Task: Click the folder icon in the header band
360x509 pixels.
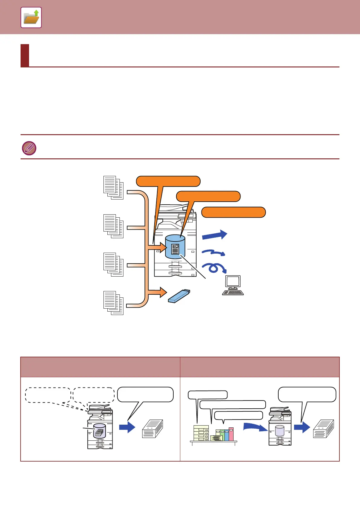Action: pyautogui.click(x=31, y=18)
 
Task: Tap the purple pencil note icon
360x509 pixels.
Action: pyautogui.click(x=29, y=148)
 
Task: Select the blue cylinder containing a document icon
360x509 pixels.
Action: pyautogui.click(x=175, y=247)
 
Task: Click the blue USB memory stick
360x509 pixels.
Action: pyautogui.click(x=179, y=296)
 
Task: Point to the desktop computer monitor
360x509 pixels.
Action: pyautogui.click(x=233, y=282)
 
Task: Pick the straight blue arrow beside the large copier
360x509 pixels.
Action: pyautogui.click(x=214, y=235)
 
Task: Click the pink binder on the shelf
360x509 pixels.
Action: pyautogui.click(x=231, y=434)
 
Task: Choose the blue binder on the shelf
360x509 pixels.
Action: pyautogui.click(x=227, y=435)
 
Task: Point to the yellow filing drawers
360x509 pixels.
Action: pyautogui.click(x=201, y=433)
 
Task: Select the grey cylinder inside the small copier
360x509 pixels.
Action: pyautogui.click(x=280, y=430)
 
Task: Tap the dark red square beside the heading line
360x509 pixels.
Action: pyautogui.click(x=25, y=55)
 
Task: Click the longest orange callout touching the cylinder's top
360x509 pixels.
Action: pyautogui.click(x=208, y=196)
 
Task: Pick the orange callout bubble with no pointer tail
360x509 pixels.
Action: pyautogui.click(x=233, y=212)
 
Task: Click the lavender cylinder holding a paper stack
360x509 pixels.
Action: pyautogui.click(x=100, y=431)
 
